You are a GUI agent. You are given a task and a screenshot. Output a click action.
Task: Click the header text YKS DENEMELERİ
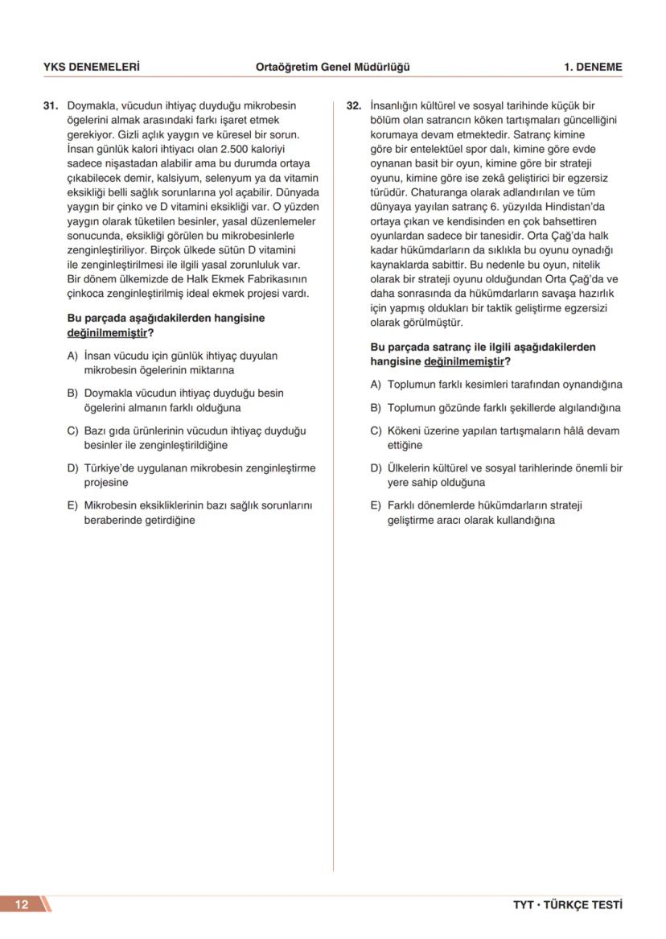point(91,68)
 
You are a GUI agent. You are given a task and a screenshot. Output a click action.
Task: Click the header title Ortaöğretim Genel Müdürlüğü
point(332,68)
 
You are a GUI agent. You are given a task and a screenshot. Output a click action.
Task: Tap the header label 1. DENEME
point(593,68)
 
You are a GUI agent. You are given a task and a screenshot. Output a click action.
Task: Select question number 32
point(354,105)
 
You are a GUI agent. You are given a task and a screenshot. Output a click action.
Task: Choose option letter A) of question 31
point(72,356)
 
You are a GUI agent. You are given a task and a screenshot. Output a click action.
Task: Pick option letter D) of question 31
point(72,468)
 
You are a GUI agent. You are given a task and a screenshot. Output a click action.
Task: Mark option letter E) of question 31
point(72,505)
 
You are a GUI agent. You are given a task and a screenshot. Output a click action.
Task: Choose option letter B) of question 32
point(376,408)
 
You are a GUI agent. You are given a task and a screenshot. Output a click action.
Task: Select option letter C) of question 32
point(376,430)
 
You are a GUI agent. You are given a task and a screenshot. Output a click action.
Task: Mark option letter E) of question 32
point(376,505)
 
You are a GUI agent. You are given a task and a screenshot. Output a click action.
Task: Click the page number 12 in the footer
point(22,904)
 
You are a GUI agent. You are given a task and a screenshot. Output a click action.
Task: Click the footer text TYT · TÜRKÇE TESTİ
point(567,904)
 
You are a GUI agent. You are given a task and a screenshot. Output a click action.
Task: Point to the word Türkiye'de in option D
point(111,468)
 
